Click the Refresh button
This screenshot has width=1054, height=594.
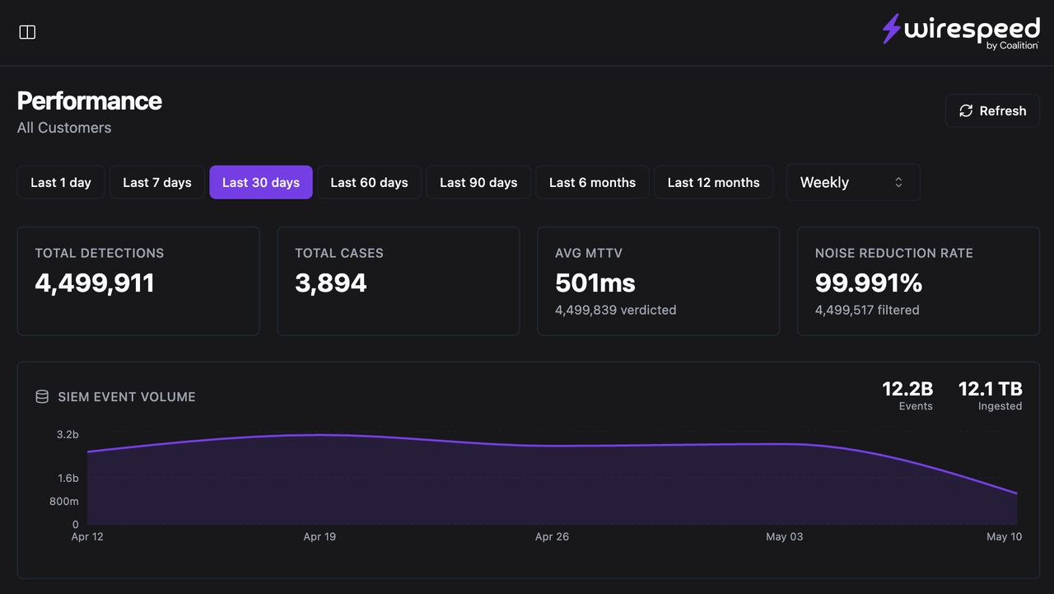click(x=992, y=110)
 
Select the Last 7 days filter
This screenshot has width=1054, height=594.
click(x=157, y=182)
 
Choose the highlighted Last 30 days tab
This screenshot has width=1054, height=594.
click(x=261, y=182)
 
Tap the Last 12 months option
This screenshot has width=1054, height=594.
click(x=713, y=182)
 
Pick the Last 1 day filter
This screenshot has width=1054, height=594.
click(x=61, y=182)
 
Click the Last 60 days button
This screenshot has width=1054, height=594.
click(x=369, y=182)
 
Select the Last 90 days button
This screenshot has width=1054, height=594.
click(x=478, y=182)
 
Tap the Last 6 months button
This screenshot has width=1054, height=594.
click(x=592, y=182)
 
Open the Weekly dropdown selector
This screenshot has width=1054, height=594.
click(x=853, y=182)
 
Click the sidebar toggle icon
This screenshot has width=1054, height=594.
click(x=27, y=32)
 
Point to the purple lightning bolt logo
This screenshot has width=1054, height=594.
click(x=891, y=28)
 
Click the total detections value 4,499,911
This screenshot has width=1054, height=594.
click(x=95, y=283)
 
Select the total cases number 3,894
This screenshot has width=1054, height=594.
click(x=331, y=283)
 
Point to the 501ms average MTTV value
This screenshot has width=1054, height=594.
click(x=595, y=283)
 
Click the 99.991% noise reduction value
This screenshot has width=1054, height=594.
click(x=869, y=283)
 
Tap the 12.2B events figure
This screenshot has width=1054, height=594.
click(x=907, y=389)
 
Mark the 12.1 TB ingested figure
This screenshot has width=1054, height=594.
click(x=991, y=389)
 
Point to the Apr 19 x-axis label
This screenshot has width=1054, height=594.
click(x=319, y=536)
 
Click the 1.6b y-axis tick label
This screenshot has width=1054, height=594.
click(x=68, y=478)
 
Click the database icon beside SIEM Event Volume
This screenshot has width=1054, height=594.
click(x=42, y=397)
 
